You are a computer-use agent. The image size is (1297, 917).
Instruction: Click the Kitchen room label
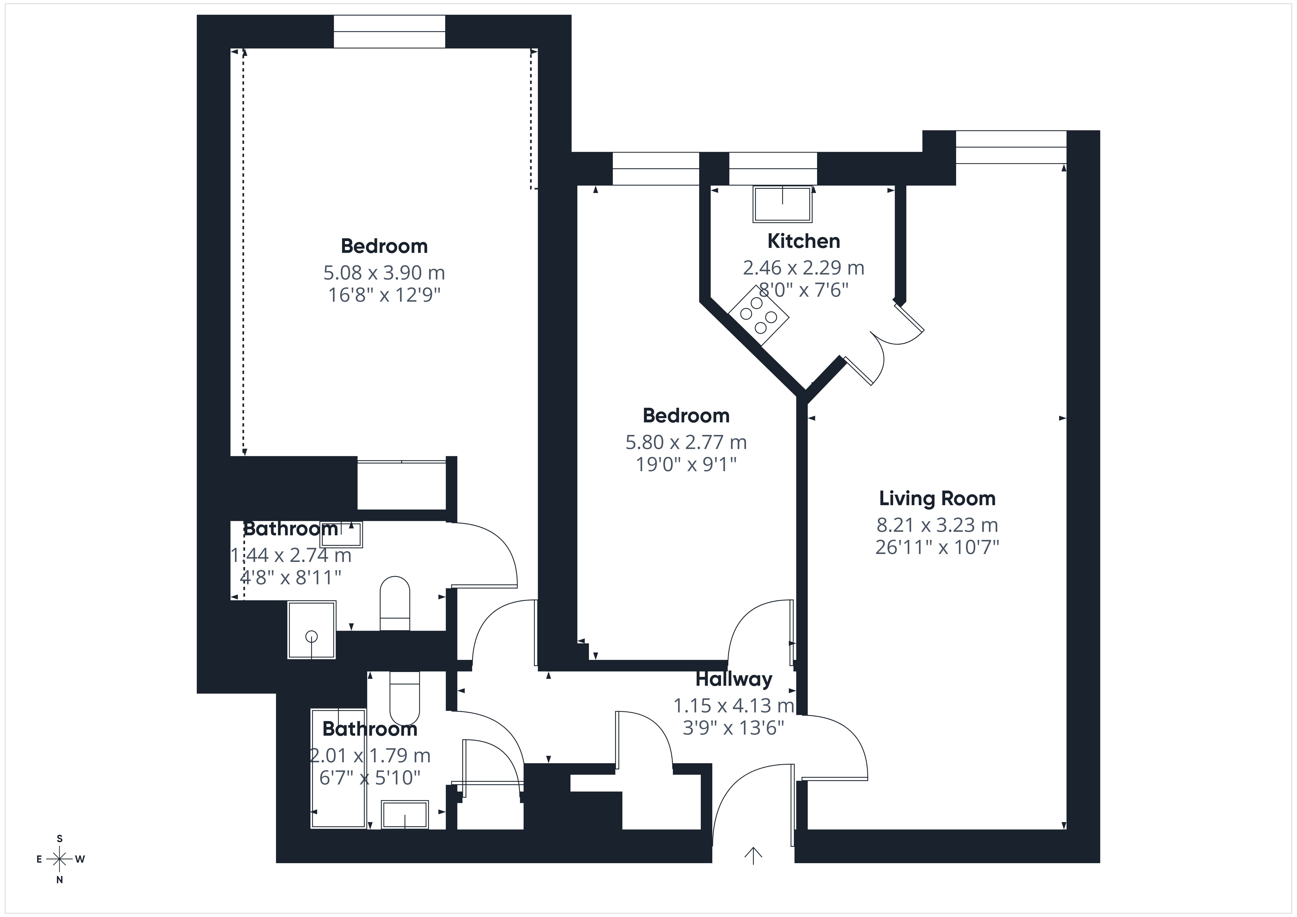pos(803,241)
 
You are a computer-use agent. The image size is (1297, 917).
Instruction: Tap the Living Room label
pos(937,498)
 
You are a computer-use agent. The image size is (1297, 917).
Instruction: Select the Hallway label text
pos(734,679)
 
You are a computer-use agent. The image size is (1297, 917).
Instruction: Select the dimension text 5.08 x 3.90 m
pos(384,273)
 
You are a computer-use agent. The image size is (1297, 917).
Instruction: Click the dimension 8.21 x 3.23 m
pos(937,525)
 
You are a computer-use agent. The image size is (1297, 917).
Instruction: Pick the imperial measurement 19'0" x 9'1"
pos(686,465)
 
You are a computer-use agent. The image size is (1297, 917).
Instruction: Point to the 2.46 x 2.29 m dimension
pos(803,267)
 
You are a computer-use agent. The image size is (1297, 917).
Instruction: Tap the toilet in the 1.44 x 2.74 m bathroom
pos(394,604)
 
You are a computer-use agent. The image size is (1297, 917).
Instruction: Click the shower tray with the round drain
pos(312,629)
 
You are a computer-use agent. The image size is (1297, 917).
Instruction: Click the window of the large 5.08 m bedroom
pos(389,32)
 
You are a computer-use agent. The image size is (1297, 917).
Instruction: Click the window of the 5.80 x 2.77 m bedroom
pos(656,168)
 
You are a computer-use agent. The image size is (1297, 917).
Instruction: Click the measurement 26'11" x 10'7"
pos(937,548)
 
